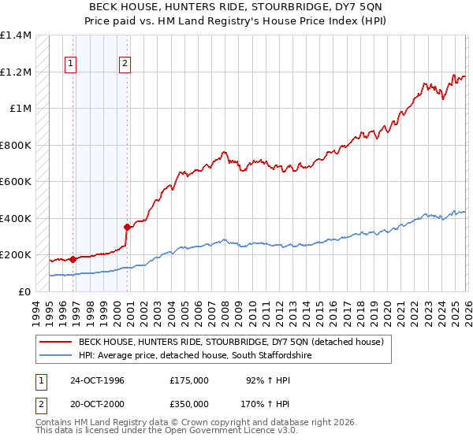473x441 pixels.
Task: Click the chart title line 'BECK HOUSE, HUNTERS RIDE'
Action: point(236,7)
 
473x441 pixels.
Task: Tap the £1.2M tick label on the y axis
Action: point(15,72)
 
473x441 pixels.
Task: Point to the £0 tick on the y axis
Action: point(23,291)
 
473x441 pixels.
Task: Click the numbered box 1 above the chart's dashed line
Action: point(72,64)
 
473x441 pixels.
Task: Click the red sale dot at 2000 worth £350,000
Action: point(126,227)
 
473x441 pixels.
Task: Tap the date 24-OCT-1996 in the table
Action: point(97,380)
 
